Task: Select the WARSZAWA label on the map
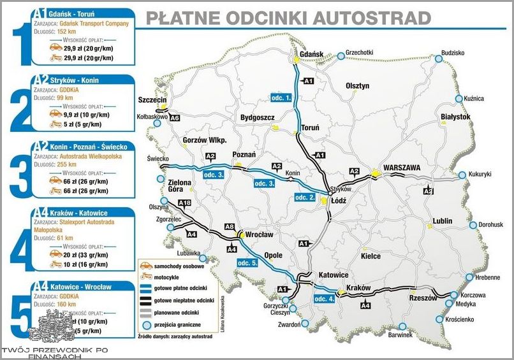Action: tap(400, 168)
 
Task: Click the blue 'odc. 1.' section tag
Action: tap(280, 97)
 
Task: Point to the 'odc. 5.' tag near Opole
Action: tap(246, 263)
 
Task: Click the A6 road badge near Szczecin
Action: tap(175, 118)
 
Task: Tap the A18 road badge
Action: tap(184, 203)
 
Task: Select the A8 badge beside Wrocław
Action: tap(230, 227)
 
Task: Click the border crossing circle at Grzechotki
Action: tap(341, 56)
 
